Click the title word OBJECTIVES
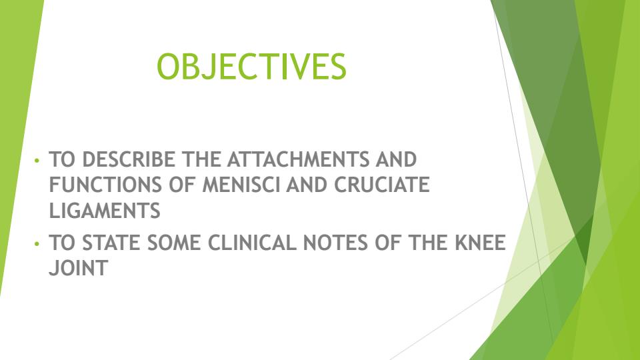point(251,67)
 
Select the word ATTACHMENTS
point(299,161)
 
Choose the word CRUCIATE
point(382,185)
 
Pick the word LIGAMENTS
point(105,211)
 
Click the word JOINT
point(78,269)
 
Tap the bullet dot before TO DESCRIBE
point(38,161)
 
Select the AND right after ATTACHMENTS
point(396,161)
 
